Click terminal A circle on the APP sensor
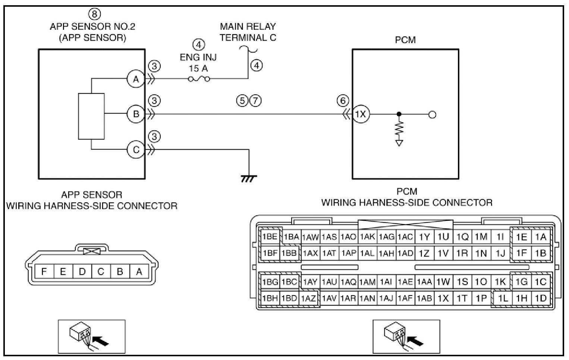136,79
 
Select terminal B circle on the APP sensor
136,114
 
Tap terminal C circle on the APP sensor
136,149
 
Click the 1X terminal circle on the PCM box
361,114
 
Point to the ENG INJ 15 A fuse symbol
199,79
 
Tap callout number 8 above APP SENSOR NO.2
94,14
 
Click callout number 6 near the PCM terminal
343,100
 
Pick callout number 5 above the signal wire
242,100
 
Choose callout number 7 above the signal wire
256,100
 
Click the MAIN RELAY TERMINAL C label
248,32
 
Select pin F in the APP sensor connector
44,271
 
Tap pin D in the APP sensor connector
82,271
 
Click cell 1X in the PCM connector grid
443,298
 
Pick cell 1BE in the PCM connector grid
270,237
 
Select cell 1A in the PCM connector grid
541,237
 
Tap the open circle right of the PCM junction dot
432,114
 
